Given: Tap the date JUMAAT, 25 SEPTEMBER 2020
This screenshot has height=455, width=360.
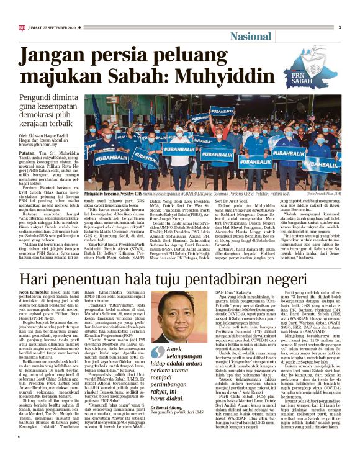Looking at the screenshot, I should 48,27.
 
